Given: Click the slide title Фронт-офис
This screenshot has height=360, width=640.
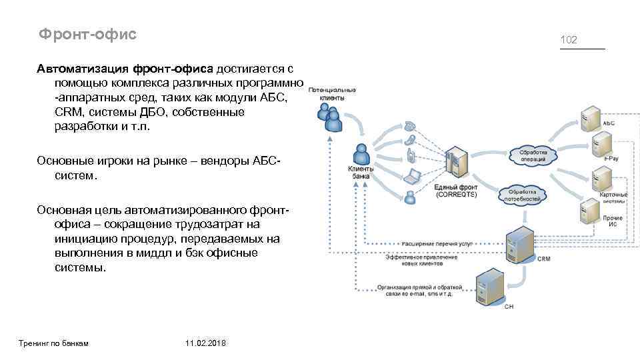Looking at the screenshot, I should coord(87,33).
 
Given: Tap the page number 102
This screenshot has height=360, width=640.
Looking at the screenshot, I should coord(569,41).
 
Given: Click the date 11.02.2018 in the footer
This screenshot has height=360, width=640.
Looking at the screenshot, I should coord(207,343).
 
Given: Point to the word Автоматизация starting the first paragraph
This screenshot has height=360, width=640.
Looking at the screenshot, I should coord(83,69).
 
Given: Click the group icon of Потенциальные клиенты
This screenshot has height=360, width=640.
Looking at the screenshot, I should coord(331,118).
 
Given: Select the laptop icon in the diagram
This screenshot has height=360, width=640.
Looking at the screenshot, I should coord(413,176).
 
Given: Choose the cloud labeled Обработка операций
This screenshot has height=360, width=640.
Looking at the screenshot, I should coord(533,155).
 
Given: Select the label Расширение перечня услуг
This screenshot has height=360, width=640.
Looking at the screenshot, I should coord(437,244).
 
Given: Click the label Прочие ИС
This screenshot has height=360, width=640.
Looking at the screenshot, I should coord(613,221).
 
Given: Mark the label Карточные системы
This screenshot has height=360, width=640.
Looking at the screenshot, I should coord(614,197).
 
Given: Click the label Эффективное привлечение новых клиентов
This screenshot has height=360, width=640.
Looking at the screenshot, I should coord(413,261).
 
